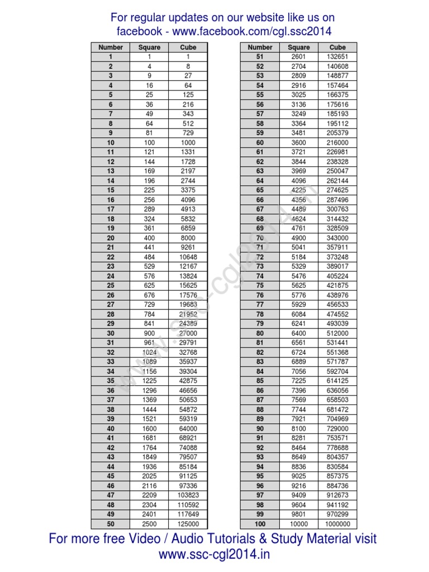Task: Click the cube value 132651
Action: [337, 57]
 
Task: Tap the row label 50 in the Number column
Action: [111, 524]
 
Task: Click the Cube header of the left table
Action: [188, 47]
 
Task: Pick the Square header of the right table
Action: [299, 47]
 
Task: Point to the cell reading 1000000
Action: [337, 524]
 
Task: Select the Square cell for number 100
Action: [299, 524]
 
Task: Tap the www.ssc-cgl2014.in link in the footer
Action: [214, 555]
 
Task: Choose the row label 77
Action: [260, 304]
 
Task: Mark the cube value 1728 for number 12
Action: [188, 161]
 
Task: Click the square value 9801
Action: [299, 514]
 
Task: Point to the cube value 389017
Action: [337, 266]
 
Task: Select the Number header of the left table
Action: [111, 47]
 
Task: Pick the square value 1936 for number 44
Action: [149, 466]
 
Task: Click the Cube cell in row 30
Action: [188, 333]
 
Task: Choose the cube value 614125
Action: [337, 381]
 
